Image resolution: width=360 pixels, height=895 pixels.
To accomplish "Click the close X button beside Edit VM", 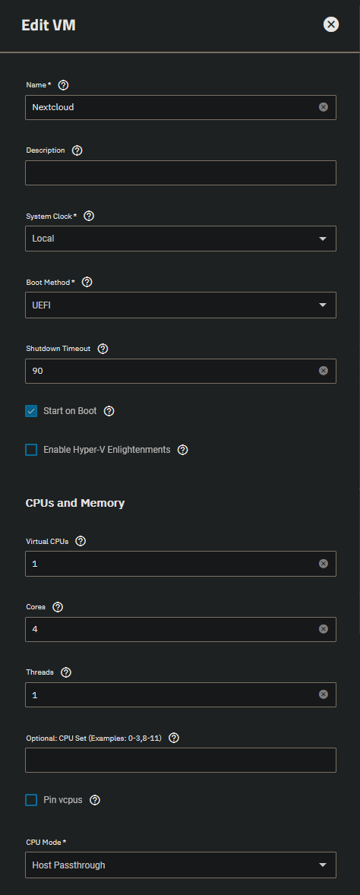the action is [x=331, y=24].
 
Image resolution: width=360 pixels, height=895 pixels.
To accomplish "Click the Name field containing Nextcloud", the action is [x=180, y=107].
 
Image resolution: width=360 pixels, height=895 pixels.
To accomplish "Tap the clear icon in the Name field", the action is [x=324, y=107].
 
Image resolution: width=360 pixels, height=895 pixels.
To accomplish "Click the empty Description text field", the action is [x=180, y=173].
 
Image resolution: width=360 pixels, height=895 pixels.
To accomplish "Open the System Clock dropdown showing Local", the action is [x=180, y=239].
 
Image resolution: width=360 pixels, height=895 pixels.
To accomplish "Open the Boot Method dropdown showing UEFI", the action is [x=180, y=305].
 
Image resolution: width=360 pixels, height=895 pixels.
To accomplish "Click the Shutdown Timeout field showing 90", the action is [x=180, y=371].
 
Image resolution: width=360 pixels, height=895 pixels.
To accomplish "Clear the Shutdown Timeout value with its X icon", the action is [x=324, y=371].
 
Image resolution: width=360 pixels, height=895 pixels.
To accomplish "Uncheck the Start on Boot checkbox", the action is [x=31, y=411].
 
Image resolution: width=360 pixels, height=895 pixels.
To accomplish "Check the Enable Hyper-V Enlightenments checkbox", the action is [x=31, y=450].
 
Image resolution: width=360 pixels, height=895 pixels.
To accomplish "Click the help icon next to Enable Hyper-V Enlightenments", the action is [x=182, y=450].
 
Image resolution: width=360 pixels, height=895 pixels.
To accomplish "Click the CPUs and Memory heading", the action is [x=75, y=503].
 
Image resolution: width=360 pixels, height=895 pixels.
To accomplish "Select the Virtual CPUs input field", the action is [x=180, y=564].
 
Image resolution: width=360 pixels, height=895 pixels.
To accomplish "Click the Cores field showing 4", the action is [x=180, y=629].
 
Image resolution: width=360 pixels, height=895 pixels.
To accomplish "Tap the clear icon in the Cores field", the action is [x=324, y=629].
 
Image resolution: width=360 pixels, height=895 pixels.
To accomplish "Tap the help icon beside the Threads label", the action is [x=65, y=672].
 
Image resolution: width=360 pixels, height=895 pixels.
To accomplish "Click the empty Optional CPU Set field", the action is [x=180, y=761].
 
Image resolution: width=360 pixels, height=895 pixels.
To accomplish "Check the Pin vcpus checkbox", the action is [x=31, y=800].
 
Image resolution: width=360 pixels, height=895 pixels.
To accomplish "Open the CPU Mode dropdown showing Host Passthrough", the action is [x=180, y=865].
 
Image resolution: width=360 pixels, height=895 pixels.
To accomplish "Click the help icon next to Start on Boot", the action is [x=109, y=411].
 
